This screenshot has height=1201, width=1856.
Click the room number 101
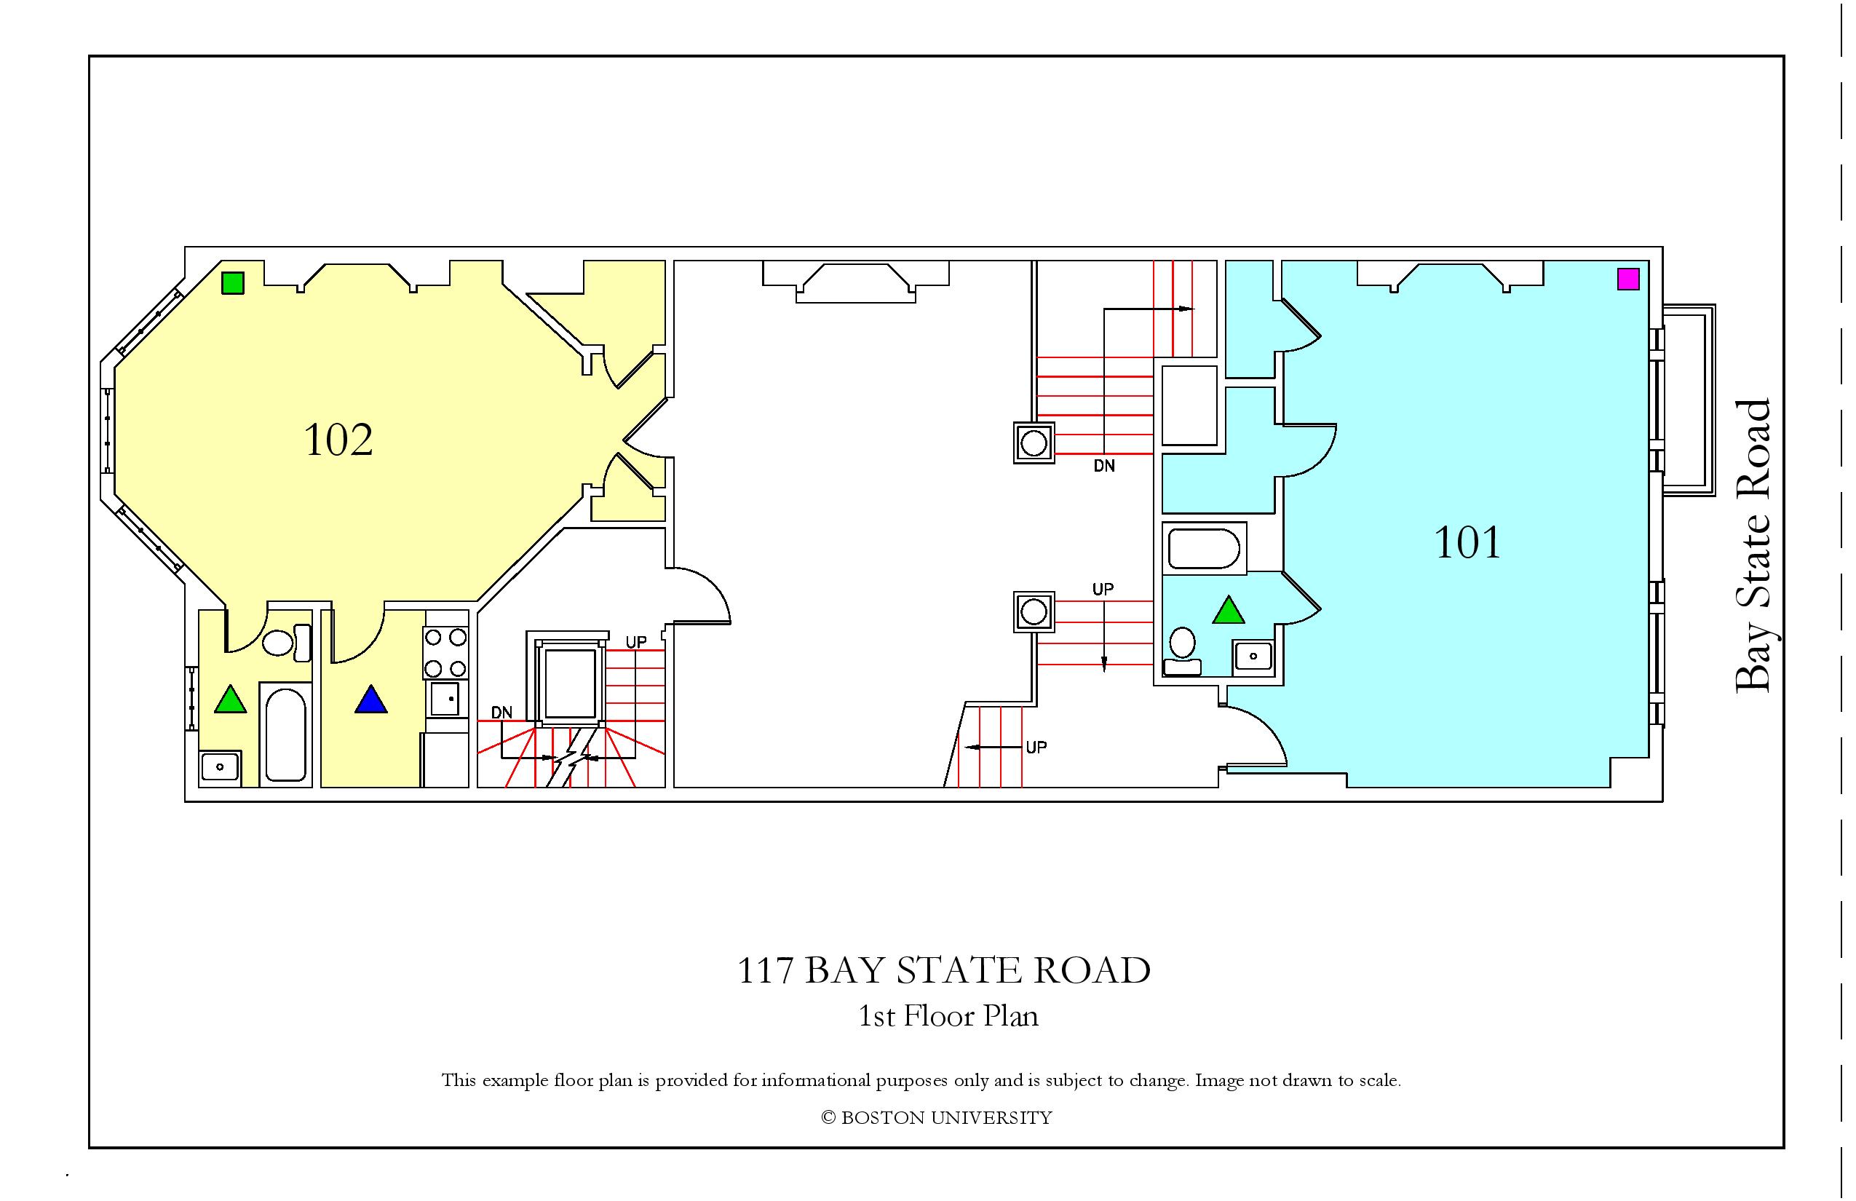[1467, 543]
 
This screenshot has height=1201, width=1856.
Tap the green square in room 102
[232, 282]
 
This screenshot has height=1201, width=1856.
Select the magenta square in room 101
[1627, 278]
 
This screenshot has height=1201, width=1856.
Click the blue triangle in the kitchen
[371, 700]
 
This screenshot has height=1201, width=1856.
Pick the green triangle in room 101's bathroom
[1229, 611]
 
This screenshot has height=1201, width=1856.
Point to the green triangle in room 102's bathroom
[230, 699]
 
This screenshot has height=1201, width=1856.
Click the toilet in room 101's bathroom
[1182, 651]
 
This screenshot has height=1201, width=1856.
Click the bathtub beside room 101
[1204, 548]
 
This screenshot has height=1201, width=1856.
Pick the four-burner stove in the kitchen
[445, 653]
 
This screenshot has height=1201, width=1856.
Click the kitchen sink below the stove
[445, 699]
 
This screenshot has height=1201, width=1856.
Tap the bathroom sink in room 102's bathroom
[221, 768]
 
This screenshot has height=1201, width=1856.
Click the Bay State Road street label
[1753, 545]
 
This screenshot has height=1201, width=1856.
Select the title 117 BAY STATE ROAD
[943, 970]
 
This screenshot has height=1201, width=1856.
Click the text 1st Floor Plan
[948, 1016]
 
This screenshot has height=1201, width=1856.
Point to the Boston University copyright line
[937, 1117]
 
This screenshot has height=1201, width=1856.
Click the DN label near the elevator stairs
[501, 713]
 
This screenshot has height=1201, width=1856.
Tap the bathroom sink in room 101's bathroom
[1253, 656]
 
